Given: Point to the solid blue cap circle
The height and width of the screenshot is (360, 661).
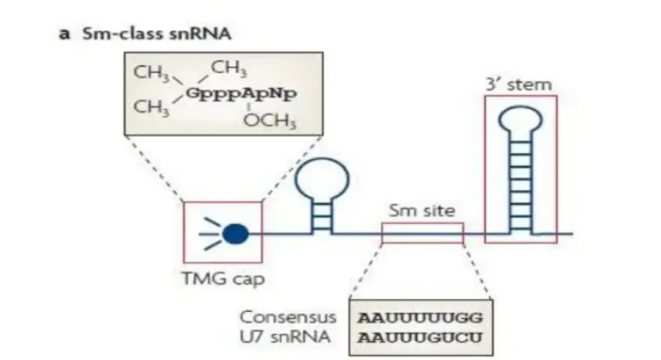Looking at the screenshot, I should pos(236,233).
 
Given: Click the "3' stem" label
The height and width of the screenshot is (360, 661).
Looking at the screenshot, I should pos(520,84).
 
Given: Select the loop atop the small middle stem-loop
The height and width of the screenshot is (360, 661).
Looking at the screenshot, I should pos(323,179).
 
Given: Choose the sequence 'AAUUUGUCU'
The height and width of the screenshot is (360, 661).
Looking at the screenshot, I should pos(422,335).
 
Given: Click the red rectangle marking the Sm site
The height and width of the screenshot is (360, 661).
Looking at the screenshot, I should pos(422,233).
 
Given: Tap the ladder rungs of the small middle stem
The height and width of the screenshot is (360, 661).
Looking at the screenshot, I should pos(323,215).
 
